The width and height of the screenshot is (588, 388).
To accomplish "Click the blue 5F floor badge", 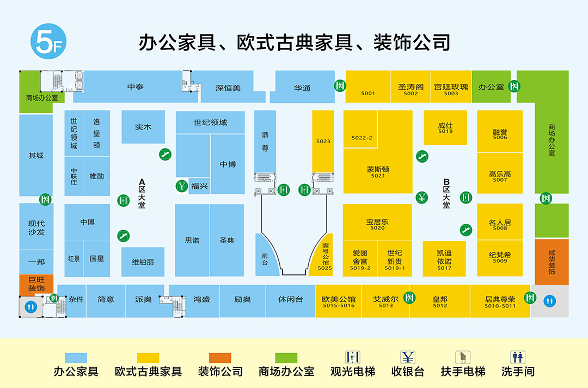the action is click(48, 41).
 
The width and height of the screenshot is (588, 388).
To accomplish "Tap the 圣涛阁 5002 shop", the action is click(411, 87).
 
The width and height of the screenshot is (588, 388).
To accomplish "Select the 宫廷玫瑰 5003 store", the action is click(451, 87).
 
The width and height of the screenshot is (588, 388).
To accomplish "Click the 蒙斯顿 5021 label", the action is click(378, 172).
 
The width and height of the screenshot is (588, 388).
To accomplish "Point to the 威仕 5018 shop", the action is click(445, 127).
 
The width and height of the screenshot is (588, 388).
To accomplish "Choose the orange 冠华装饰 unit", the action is click(552, 262).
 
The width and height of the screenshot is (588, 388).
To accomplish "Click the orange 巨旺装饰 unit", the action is click(36, 284).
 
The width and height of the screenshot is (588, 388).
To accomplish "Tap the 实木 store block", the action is click(143, 127).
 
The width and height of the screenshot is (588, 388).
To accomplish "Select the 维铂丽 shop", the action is click(143, 262).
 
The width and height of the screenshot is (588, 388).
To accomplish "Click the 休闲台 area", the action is click(291, 301).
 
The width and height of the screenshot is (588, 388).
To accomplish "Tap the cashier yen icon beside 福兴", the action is click(182, 186).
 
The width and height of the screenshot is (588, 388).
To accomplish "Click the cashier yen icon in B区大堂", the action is click(422, 197).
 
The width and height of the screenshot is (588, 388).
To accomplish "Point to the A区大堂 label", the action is click(142, 193).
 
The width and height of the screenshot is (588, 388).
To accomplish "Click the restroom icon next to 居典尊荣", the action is click(550, 301).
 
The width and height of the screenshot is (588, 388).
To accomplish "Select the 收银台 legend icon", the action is click(408, 358).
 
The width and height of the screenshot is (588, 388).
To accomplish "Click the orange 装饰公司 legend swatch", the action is click(220, 358).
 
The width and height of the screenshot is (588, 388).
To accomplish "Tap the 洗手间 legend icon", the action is click(518, 358).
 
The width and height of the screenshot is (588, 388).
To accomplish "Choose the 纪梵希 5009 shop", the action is click(500, 258).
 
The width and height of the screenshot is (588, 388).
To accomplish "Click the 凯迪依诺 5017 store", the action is click(444, 258).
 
